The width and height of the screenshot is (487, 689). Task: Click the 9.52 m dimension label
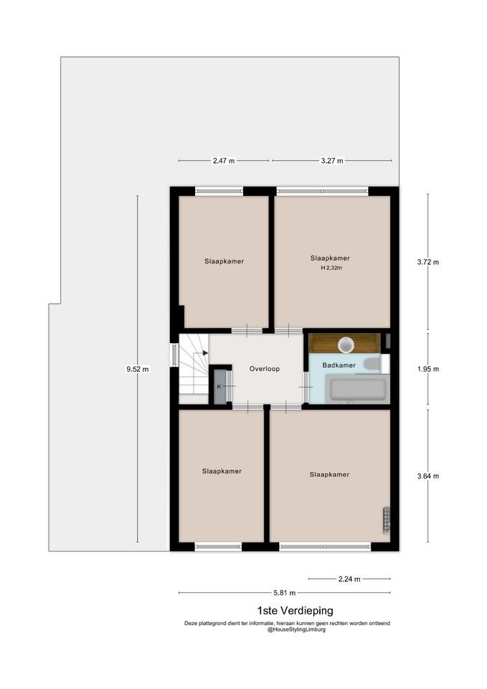coord(138,369)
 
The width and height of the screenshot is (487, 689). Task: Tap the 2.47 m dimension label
coord(224,161)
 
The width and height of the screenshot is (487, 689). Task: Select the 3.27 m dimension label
coord(332,161)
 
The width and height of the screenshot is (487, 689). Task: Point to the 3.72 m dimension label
coord(428,263)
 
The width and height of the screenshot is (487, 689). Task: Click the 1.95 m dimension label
coord(428,369)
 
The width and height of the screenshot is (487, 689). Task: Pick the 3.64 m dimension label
coord(428,477)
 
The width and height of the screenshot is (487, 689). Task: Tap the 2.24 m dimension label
coord(349,579)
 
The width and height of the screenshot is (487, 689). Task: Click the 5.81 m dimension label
coord(285,593)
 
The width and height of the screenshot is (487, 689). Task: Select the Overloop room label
coord(265,369)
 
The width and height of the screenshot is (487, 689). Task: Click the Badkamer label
coord(339,365)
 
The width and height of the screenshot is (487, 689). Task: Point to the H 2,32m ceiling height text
coord(331,268)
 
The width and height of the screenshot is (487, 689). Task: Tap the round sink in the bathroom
coord(347,345)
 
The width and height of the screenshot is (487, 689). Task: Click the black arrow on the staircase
coord(206,353)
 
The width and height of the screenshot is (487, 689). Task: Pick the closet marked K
coord(219,386)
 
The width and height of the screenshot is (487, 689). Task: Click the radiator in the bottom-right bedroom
coord(387,520)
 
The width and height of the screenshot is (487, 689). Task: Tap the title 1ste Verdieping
coord(295,610)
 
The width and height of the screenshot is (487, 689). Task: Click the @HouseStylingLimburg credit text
coord(296,629)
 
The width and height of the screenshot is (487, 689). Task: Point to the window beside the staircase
coord(174,355)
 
